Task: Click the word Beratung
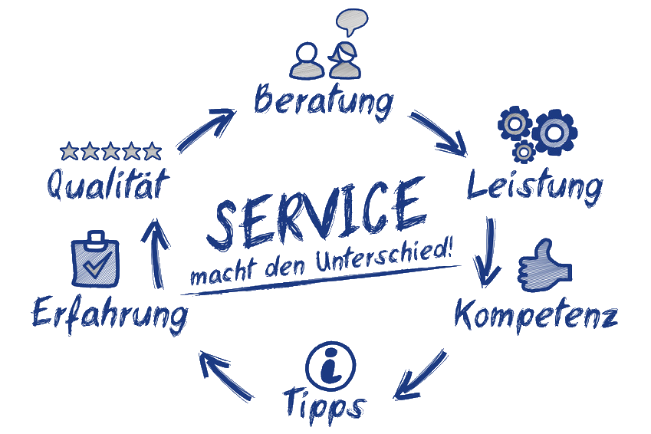point(323,100)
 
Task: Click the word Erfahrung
point(110,314)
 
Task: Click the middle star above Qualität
point(111,150)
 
